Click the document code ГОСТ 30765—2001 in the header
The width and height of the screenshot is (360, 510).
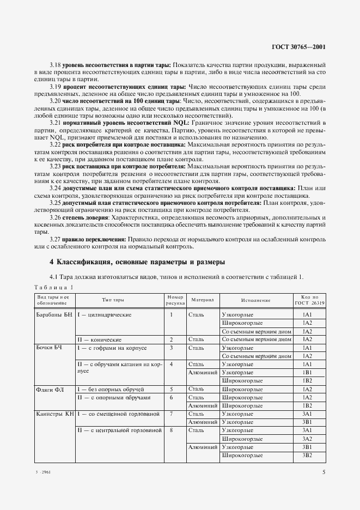[300, 47]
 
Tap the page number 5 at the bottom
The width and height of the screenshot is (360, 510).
[324, 472]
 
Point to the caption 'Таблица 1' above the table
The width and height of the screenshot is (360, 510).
[54, 287]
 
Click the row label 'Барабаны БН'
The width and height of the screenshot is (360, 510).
[53, 315]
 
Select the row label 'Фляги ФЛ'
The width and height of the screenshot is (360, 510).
[49, 390]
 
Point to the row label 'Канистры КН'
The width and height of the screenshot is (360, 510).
[54, 414]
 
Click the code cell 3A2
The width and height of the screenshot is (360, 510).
[306, 439]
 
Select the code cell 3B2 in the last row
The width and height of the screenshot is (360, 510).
[306, 455]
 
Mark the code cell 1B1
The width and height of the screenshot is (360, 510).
[306, 372]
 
